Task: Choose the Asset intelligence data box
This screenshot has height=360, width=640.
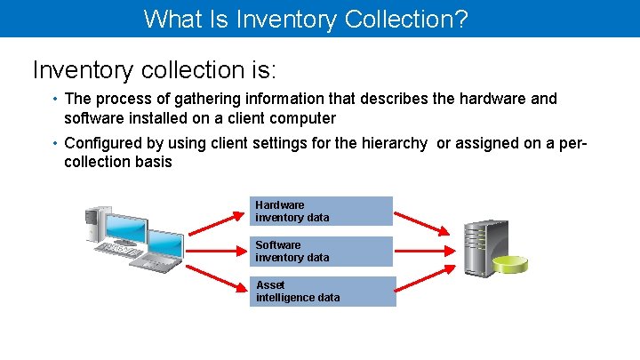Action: pos(324,292)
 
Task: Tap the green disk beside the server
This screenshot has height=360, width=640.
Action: pos(512,264)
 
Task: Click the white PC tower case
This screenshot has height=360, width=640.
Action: pos(97,226)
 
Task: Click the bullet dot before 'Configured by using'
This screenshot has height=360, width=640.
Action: pos(55,143)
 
